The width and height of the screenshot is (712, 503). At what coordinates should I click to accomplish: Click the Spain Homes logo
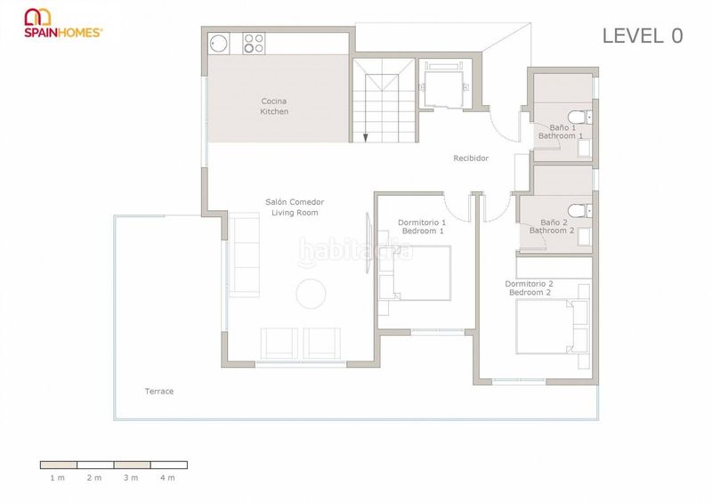click(63, 23)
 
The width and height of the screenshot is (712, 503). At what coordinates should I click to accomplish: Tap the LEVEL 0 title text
click(642, 36)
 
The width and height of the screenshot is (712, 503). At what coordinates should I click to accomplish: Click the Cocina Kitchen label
click(274, 106)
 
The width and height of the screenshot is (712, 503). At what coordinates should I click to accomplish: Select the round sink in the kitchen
click(218, 44)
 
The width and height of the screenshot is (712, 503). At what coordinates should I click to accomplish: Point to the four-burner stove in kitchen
click(254, 44)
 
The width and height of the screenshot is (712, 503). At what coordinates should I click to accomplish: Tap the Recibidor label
click(471, 158)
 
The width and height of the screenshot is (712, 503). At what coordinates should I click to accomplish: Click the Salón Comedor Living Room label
click(295, 207)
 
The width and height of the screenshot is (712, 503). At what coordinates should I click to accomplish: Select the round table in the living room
click(311, 294)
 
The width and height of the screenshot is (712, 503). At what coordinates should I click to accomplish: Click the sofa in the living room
click(244, 255)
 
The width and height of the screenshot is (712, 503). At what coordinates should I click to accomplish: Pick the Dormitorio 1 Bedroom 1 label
click(422, 227)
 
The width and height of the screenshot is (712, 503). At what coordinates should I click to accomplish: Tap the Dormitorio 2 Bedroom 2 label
click(530, 288)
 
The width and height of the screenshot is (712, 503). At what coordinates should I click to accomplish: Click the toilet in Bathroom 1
click(580, 118)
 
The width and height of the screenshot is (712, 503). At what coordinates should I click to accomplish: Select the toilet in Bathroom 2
click(580, 211)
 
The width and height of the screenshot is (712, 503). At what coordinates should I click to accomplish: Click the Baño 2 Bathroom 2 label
click(552, 226)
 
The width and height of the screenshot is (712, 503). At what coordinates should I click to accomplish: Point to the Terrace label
click(159, 391)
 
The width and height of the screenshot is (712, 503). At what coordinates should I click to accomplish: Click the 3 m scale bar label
click(131, 477)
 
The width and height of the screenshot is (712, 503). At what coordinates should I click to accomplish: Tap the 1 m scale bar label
click(58, 477)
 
